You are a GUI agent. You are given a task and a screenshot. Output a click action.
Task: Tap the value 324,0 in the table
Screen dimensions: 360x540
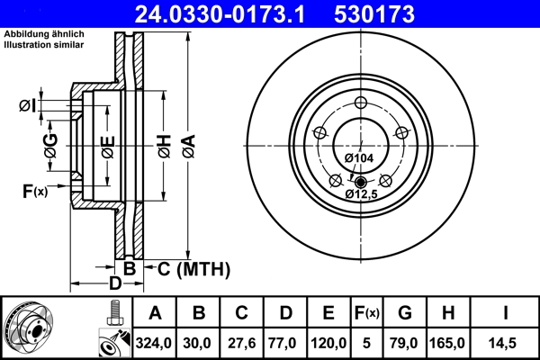point(155,344)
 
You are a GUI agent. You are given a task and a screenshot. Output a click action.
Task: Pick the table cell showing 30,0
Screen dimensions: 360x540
point(199,344)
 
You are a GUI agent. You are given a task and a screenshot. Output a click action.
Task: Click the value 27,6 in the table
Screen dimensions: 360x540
point(242,344)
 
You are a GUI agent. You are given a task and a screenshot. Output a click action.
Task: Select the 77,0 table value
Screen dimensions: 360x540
point(285,344)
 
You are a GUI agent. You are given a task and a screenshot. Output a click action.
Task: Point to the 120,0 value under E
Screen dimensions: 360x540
point(328,344)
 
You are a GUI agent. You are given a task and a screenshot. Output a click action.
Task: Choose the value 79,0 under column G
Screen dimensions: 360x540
point(405,344)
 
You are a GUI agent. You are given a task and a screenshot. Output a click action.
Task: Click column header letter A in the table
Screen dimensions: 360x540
point(155,313)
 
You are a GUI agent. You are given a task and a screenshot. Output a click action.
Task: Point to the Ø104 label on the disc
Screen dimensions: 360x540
point(358,158)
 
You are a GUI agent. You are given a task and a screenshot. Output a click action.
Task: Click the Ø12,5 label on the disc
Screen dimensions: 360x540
point(362,193)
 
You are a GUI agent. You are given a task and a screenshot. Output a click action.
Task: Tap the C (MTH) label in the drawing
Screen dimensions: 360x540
point(193,269)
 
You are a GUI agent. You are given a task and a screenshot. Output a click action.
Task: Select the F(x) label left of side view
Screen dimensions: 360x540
point(35,190)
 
